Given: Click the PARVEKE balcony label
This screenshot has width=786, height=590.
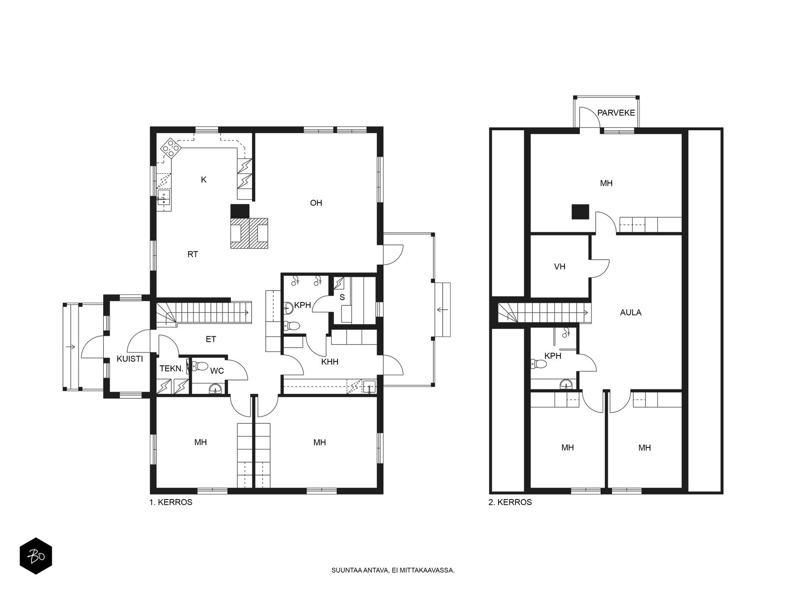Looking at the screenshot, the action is pyautogui.click(x=616, y=113).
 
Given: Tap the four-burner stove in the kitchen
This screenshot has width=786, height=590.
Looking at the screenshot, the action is pyautogui.click(x=170, y=148).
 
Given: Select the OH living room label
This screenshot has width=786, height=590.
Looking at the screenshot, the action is pyautogui.click(x=316, y=203).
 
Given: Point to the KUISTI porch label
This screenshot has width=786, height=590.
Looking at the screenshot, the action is pyautogui.click(x=130, y=359).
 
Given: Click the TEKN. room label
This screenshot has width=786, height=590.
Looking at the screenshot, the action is pyautogui.click(x=171, y=369).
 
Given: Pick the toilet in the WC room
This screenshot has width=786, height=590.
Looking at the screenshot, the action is pyautogui.click(x=200, y=366).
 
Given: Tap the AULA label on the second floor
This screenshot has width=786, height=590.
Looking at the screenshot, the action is pyautogui.click(x=631, y=312).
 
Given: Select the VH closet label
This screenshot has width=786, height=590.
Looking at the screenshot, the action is pyautogui.click(x=560, y=266).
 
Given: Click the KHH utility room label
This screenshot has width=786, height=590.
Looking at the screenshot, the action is pyautogui.click(x=330, y=362).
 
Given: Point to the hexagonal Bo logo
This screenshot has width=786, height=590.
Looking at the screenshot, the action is pyautogui.click(x=36, y=556).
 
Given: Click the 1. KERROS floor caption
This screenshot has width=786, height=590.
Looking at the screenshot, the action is pyautogui.click(x=171, y=502).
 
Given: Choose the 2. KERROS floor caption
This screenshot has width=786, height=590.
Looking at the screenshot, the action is pyautogui.click(x=510, y=502).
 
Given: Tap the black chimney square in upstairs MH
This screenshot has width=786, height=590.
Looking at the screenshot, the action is pyautogui.click(x=580, y=211).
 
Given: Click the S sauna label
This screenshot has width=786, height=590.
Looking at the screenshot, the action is pyautogui.click(x=342, y=297).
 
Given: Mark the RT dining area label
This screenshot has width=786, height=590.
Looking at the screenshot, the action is pyautogui.click(x=193, y=254).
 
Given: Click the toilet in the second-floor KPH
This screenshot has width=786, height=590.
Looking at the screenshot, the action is pyautogui.click(x=539, y=364).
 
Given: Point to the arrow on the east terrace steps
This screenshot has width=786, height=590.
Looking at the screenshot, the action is pyautogui.click(x=443, y=310).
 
